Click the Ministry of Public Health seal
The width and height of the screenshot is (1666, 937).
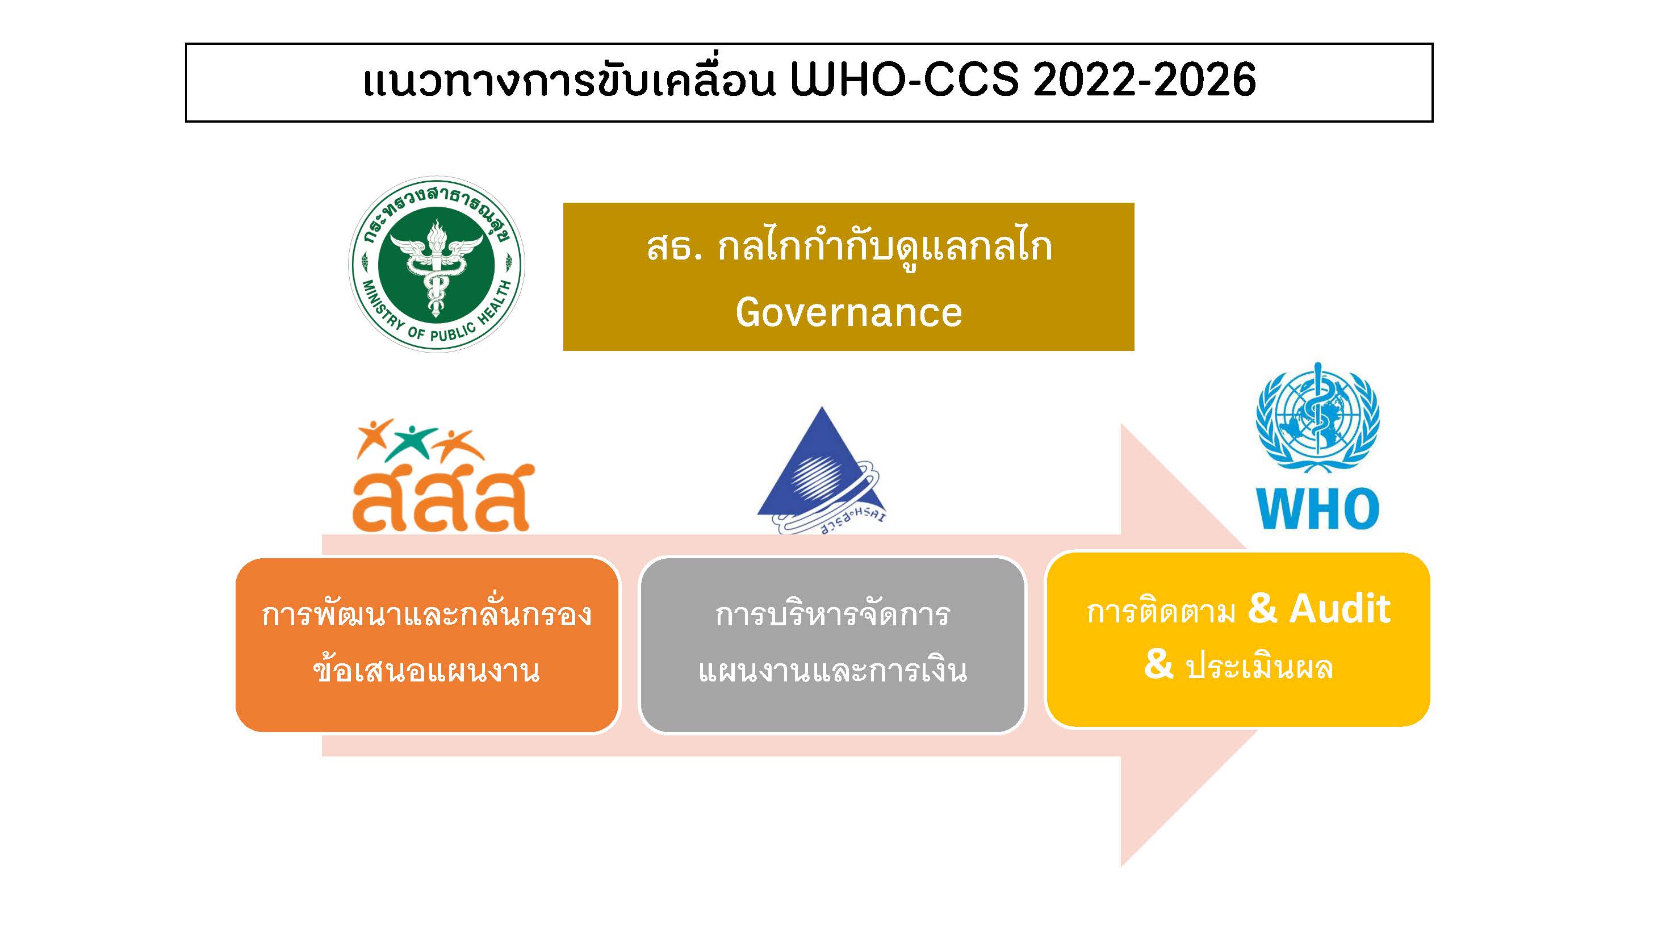pos(437,265)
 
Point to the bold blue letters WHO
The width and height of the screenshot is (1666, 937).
pos(1317,509)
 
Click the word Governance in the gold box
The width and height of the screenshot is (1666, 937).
pos(848,312)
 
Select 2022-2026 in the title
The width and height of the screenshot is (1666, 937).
pos(1144,80)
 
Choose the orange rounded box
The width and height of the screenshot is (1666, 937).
pos(427,645)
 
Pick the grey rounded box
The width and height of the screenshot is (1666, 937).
pos(832,645)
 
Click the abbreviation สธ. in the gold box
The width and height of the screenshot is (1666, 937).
pos(675,248)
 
